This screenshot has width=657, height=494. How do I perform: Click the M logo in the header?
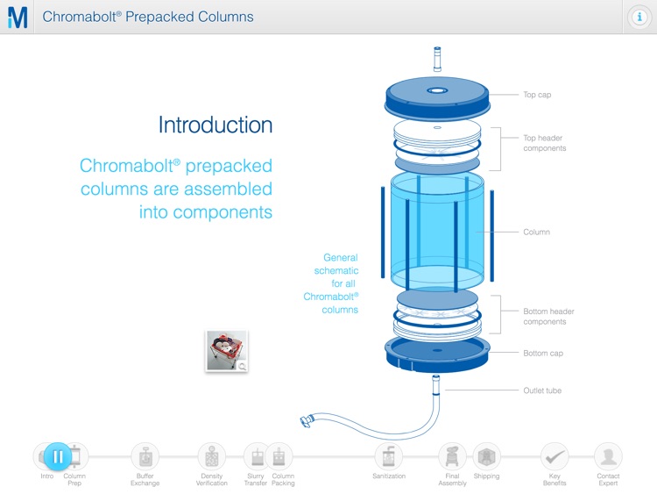[x=17, y=17]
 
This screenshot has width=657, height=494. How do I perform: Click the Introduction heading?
[x=215, y=125]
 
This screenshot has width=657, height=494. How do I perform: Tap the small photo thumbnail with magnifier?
[x=227, y=351]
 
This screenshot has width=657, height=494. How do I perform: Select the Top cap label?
[x=537, y=95]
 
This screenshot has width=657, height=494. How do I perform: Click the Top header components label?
[x=544, y=143]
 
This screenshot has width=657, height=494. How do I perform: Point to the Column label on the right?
[x=536, y=233]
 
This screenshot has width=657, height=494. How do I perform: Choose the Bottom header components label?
[x=548, y=317]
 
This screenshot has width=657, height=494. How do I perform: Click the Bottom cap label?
[x=543, y=354]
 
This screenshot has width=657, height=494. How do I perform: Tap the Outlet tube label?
[x=541, y=390]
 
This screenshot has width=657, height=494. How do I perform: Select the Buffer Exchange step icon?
[x=145, y=456]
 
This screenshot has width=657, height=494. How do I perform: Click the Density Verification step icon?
[x=211, y=456]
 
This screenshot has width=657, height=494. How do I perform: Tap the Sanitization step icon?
[x=388, y=456]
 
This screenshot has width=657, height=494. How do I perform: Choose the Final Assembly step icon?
[x=452, y=456]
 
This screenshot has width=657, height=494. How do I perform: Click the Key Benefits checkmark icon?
[x=555, y=456]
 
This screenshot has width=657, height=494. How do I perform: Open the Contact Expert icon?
[x=608, y=456]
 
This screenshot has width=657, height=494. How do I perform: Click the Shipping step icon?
[x=486, y=456]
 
